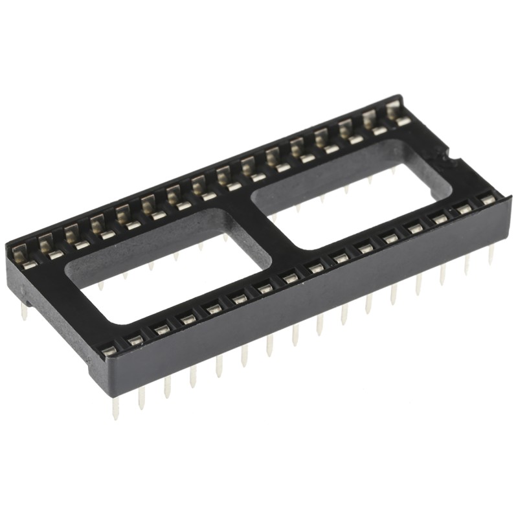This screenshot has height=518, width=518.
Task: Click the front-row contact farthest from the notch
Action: (109, 350)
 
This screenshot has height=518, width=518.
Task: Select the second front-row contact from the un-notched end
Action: (135, 340)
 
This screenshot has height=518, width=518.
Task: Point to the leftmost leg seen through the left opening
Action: (100, 286)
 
